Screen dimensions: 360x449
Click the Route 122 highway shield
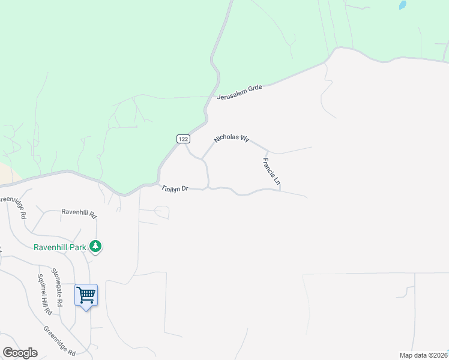click(x=183, y=139)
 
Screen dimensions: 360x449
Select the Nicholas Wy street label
click(x=231, y=139)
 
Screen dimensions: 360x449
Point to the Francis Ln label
click(x=271, y=171)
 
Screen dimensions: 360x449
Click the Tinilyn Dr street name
click(x=175, y=188)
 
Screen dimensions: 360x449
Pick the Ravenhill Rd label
click(x=79, y=212)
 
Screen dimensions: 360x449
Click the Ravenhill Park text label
click(x=59, y=247)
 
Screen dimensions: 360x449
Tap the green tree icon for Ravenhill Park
click(x=95, y=246)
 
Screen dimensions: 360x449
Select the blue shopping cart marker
click(x=86, y=295)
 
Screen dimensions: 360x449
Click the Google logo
click(x=19, y=353)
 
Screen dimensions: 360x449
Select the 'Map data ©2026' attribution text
click(x=423, y=355)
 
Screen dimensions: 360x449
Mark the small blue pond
click(x=402, y=5)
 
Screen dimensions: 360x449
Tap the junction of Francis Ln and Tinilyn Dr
click(x=280, y=191)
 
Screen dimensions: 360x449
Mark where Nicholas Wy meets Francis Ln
click(x=268, y=151)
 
